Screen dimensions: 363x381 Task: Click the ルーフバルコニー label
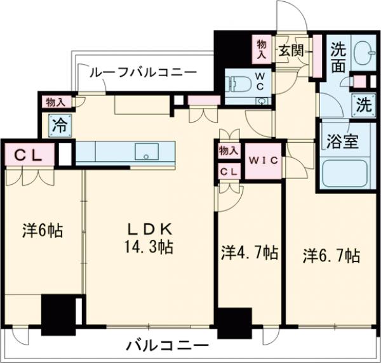142,72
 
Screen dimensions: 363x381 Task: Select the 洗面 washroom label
338,55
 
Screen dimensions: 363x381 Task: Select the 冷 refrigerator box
58,125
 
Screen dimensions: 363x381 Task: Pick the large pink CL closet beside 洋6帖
27,155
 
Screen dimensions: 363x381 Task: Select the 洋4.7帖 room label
249,253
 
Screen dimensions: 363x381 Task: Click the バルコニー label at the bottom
166,346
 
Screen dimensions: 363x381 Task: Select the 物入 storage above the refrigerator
57,102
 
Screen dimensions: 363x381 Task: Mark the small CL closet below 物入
229,172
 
